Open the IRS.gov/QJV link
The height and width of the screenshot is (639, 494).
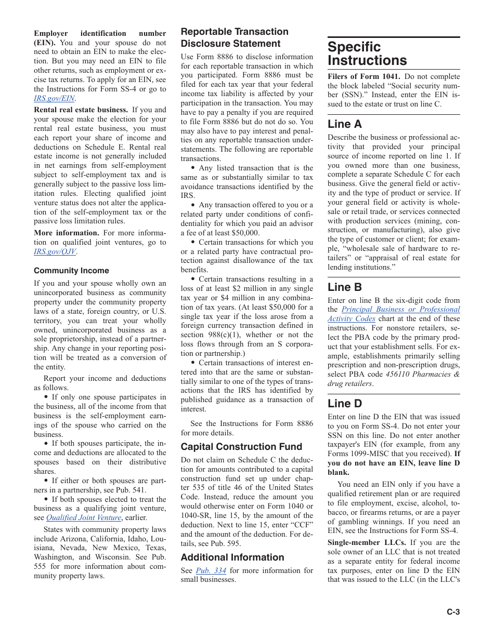pyautogui.click(x=55, y=252)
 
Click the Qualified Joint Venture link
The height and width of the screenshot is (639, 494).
pyautogui.click(x=84, y=518)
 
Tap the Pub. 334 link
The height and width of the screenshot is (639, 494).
pyautogui.click(x=211, y=570)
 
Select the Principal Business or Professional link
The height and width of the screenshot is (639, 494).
pyautogui.click(x=400, y=310)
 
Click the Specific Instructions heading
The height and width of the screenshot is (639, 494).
pyautogui.click(x=367, y=54)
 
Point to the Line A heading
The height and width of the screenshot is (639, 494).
pyautogui.click(x=345, y=124)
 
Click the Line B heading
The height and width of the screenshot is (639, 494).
pyautogui.click(x=345, y=287)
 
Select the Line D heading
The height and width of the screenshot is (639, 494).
pyautogui.click(x=345, y=404)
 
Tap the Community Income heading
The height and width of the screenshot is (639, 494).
pyautogui.click(x=72, y=271)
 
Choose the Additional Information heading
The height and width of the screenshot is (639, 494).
pyautogui.click(x=232, y=557)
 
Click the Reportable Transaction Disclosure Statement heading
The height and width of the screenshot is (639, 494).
pyautogui.click(x=235, y=38)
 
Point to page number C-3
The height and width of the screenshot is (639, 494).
pyautogui.click(x=453, y=612)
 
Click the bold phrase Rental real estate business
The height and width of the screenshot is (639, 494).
pyautogui.click(x=81, y=110)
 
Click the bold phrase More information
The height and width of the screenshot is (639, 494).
pyautogui.click(x=67, y=233)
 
